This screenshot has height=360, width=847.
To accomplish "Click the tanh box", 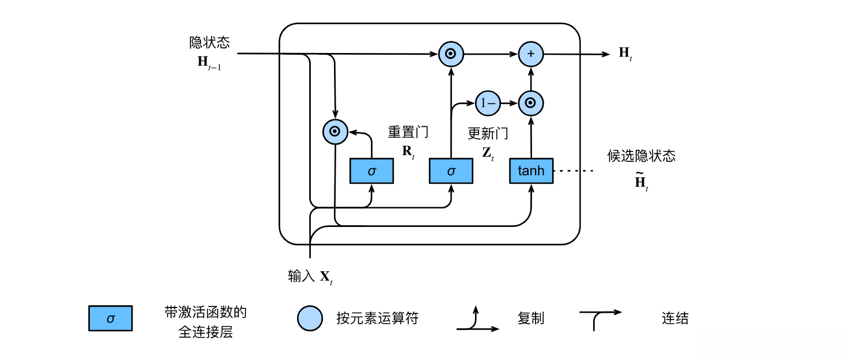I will pyautogui.click(x=531, y=171).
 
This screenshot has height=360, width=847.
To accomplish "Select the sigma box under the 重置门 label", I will pyautogui.click(x=371, y=171).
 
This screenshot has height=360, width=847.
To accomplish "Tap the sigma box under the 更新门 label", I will pyautogui.click(x=451, y=171).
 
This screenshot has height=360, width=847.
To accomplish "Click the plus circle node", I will pyautogui.click(x=531, y=54).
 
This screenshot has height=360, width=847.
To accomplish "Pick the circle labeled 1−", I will pyautogui.click(x=487, y=104).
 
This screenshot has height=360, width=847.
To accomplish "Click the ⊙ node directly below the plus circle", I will pyautogui.click(x=531, y=104).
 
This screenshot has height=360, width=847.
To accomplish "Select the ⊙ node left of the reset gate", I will pyautogui.click(x=335, y=131).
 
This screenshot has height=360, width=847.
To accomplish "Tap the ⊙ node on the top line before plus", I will pyautogui.click(x=451, y=54).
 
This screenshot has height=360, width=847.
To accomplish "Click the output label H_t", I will pyautogui.click(x=625, y=54).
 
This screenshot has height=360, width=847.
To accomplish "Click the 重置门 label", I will pyautogui.click(x=408, y=132).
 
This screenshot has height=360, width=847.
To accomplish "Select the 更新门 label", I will pyautogui.click(x=487, y=134).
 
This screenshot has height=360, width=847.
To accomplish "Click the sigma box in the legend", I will pyautogui.click(x=111, y=318).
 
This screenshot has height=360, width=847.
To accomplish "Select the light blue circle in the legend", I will pyautogui.click(x=310, y=318).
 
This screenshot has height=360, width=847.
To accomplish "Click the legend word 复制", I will pyautogui.click(x=530, y=318).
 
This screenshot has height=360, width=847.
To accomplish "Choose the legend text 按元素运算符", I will pyautogui.click(x=377, y=318).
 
